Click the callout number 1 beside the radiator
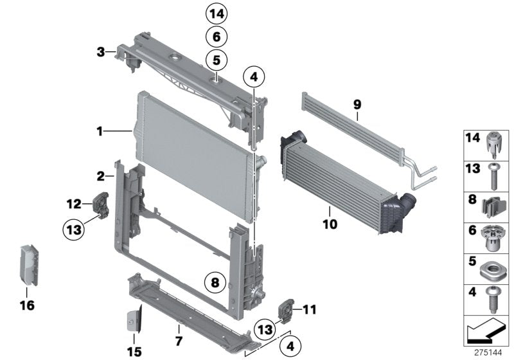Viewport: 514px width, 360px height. point(100,131)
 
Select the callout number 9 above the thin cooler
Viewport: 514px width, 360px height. point(357,103)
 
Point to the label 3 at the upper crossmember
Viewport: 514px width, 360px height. point(100,51)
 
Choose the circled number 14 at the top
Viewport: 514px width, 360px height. point(217,13)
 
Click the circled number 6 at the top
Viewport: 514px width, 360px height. point(217,37)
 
